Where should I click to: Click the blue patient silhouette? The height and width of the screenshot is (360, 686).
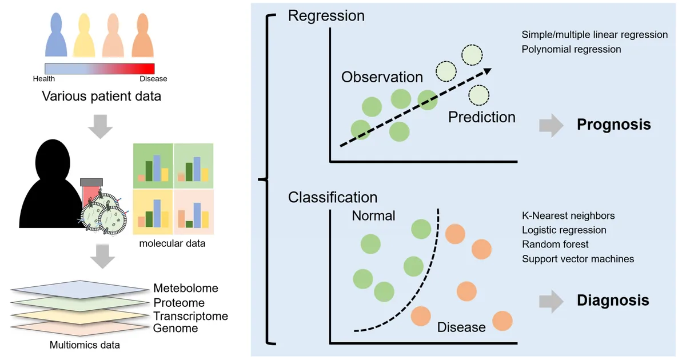pyautogui.click(x=56, y=35)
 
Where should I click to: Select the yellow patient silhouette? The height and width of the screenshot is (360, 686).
pyautogui.click(x=84, y=35)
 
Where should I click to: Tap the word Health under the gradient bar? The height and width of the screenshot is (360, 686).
pyautogui.click(x=44, y=79)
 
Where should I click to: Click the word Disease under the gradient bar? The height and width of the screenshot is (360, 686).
pyautogui.click(x=153, y=79)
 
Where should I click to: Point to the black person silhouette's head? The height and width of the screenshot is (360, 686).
pyautogui.click(x=53, y=161)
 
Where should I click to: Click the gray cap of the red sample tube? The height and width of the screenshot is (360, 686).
pyautogui.click(x=91, y=182)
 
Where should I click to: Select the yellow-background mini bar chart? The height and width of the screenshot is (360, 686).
pyautogui.click(x=153, y=212)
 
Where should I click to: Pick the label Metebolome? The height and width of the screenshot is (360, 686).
pyautogui.click(x=186, y=288)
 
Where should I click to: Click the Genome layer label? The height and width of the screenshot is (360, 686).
pyautogui.click(x=176, y=328)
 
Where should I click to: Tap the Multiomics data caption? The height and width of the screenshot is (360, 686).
pyautogui.click(x=85, y=345)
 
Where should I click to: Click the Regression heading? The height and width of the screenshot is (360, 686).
pyautogui.click(x=326, y=16)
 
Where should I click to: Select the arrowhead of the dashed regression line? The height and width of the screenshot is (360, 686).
pyautogui.click(x=487, y=71)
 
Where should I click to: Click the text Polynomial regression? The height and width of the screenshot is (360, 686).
pyautogui.click(x=571, y=49)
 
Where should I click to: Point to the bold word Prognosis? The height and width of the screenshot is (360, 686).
pyautogui.click(x=614, y=125)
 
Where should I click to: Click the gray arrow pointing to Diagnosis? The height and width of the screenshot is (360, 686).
pyautogui.click(x=551, y=301)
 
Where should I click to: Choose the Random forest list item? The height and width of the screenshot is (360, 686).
pyautogui.click(x=555, y=245)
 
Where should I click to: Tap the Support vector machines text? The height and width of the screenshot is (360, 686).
pyautogui.click(x=578, y=259)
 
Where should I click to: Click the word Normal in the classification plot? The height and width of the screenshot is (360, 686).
pyautogui.click(x=373, y=216)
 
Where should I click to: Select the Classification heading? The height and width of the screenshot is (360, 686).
pyautogui.click(x=333, y=198)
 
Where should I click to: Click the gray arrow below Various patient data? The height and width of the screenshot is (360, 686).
pyautogui.click(x=101, y=127)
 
